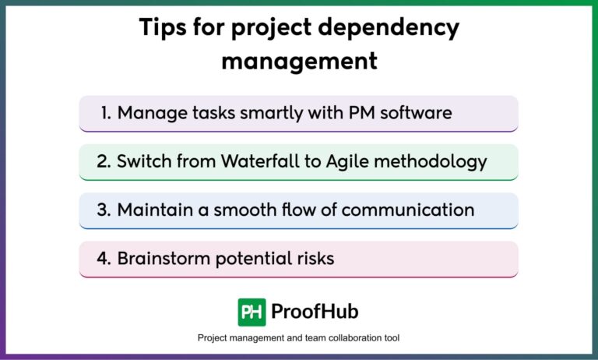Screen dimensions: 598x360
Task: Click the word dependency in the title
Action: pyautogui.click(x=389, y=28)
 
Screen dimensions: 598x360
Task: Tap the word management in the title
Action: pyautogui.click(x=299, y=61)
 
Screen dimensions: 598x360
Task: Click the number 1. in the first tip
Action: pyautogui.click(x=106, y=113)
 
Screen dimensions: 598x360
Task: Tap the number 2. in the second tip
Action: pyautogui.click(x=104, y=161)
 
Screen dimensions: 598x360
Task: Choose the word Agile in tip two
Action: pyautogui.click(x=347, y=162)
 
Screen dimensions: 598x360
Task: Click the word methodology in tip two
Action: pyautogui.click(x=431, y=162)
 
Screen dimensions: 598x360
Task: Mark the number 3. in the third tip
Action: pyautogui.click(x=104, y=210)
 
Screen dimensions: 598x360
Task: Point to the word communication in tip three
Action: pyautogui.click(x=408, y=210)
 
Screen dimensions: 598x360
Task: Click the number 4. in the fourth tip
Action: pyautogui.click(x=104, y=259)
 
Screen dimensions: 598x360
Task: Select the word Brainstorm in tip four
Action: pyautogui.click(x=164, y=259)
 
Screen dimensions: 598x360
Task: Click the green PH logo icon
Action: pyautogui.click(x=252, y=312)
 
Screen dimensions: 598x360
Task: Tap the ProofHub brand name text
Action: pyautogui.click(x=315, y=312)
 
